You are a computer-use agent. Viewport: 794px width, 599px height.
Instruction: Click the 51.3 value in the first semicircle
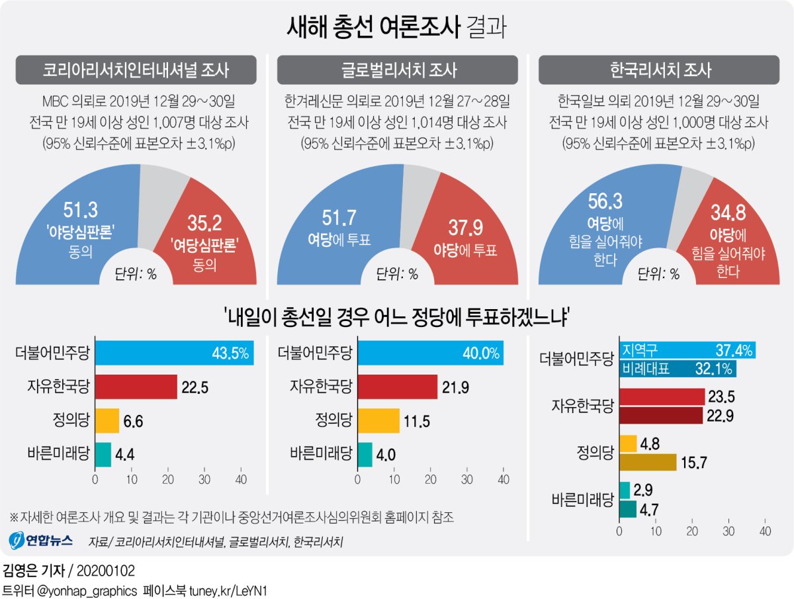pos(80,210)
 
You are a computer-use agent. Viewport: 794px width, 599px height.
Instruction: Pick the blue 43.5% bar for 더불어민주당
pos(175,352)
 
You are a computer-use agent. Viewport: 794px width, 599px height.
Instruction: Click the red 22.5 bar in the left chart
pos(136,387)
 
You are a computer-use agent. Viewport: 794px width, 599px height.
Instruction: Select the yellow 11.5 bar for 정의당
pos(378,420)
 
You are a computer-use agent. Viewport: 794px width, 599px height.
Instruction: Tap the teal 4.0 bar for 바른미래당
pos(365,454)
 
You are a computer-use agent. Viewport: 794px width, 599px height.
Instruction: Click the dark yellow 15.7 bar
pos(648,462)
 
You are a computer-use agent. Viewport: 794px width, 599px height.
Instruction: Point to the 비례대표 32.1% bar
pos(678,369)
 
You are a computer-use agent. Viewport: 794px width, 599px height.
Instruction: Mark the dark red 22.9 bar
pos(660,415)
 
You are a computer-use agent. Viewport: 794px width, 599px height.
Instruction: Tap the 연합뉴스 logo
pos(41,540)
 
